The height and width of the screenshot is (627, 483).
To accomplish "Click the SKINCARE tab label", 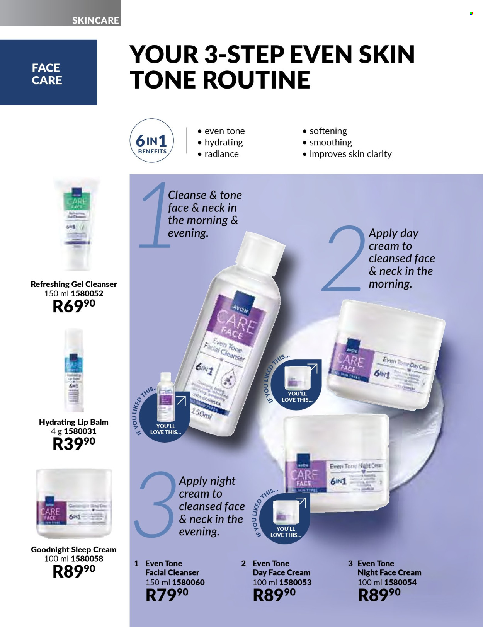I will point(95,20).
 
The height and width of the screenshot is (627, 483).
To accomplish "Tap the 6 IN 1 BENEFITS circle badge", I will point(151,140).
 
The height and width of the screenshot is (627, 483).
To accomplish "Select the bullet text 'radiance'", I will point(221,154).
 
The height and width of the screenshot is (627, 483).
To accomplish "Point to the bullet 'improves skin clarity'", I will point(350,154).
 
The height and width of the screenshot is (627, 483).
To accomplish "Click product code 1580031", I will point(80,431).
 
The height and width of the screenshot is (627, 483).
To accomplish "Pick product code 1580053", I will point(295,582).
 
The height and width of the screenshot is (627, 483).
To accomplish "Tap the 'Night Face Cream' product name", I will point(389,572).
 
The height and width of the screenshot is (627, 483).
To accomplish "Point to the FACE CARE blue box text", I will point(47,74).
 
